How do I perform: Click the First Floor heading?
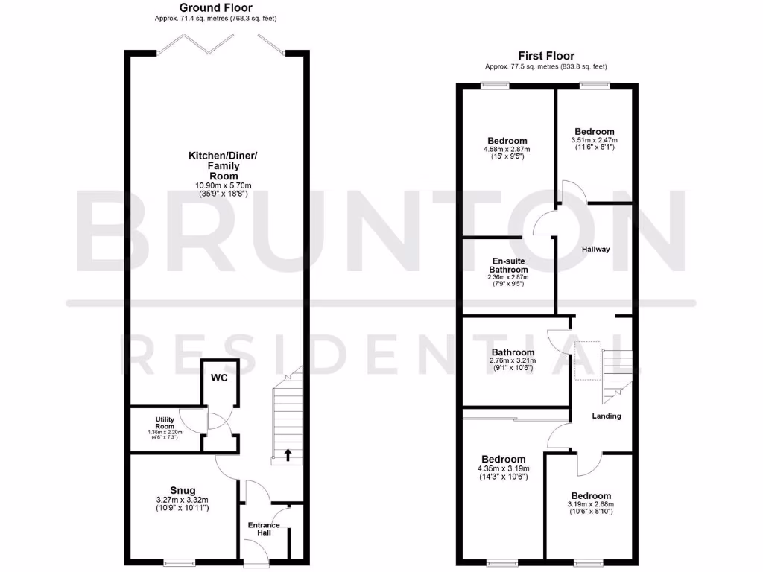pos(546,56)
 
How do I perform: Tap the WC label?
pos(218,378)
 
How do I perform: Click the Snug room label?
pos(182,489)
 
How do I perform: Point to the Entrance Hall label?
pos(264,530)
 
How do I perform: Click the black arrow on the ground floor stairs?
pos(287,453)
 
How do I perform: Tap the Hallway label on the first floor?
pos(595,250)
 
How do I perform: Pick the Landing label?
pos(607,416)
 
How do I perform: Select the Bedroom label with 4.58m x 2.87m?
pos(507,141)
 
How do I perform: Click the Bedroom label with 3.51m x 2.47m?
pos(594,132)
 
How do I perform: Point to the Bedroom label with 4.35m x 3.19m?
pos(503,459)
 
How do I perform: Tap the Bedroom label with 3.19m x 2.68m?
pos(591,496)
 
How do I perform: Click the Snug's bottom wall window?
pos(180,562)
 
